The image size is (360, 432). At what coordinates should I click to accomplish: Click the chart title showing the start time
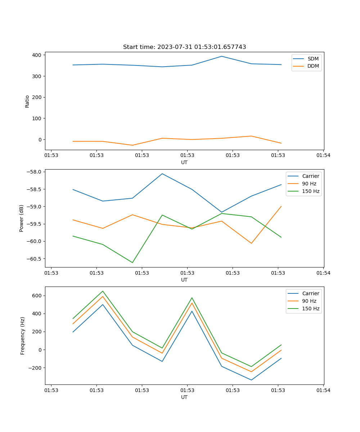[x=184, y=47]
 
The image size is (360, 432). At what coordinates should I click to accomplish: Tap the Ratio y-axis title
[x=27, y=101]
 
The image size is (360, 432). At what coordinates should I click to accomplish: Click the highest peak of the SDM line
[x=222, y=56]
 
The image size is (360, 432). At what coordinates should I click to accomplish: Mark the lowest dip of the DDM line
[x=132, y=145]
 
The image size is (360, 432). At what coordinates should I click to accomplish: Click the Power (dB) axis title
[x=22, y=218]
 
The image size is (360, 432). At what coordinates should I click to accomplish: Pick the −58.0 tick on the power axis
[x=35, y=172]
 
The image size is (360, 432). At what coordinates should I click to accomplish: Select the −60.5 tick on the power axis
[x=35, y=258]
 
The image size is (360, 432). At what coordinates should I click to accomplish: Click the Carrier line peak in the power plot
[x=162, y=174]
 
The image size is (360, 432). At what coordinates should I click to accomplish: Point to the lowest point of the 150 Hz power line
[x=132, y=262]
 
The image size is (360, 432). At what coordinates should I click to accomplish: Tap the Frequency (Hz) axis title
[x=23, y=336]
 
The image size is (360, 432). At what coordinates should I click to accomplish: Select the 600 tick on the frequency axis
[x=37, y=296]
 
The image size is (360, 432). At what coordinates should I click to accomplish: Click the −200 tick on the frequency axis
[x=35, y=368]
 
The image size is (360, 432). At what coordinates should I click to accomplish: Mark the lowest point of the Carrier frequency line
[x=251, y=380]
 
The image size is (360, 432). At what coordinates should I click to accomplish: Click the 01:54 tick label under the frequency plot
[x=323, y=390]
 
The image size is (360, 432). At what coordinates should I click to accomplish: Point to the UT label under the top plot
[x=184, y=162]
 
